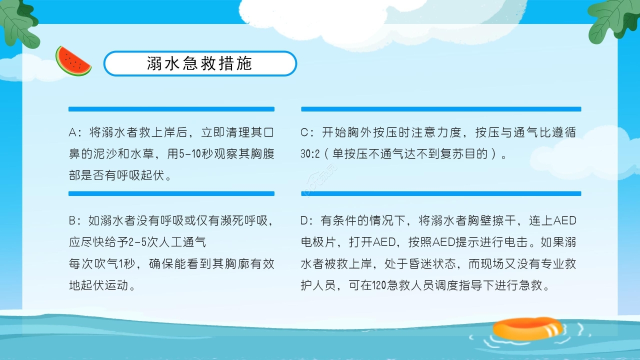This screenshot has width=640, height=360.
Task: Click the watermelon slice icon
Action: [73, 61]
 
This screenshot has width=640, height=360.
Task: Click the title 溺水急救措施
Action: [199, 63]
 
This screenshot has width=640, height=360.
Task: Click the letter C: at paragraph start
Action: [307, 133]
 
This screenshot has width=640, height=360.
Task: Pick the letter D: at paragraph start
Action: [307, 220]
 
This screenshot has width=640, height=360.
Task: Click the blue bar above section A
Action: [171, 109]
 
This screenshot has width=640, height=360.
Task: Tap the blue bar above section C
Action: [440, 109]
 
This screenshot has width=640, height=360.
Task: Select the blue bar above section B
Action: [171, 193]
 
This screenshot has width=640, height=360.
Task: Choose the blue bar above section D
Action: [440, 193]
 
